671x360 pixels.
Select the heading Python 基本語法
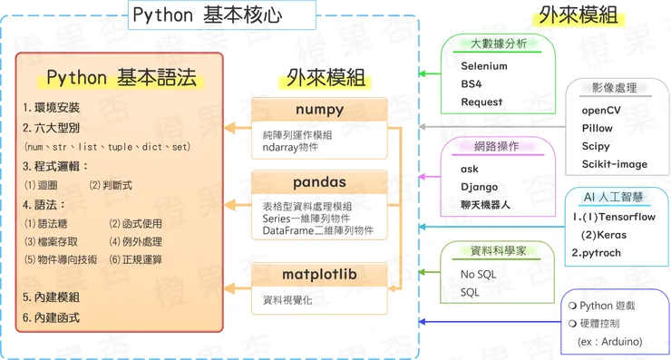pos(121,78)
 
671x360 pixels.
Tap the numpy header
pos(319,110)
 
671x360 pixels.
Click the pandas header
pos(319,182)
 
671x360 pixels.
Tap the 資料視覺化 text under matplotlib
pos(287,299)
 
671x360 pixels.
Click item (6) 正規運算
pos(136,259)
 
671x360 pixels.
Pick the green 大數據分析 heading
pos(497,43)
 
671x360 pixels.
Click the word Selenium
pos(484,66)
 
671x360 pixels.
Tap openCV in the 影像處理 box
pos(601,110)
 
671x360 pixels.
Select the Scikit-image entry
pos(615,164)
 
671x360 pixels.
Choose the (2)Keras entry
pos(603,235)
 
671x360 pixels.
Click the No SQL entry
pos(481,274)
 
